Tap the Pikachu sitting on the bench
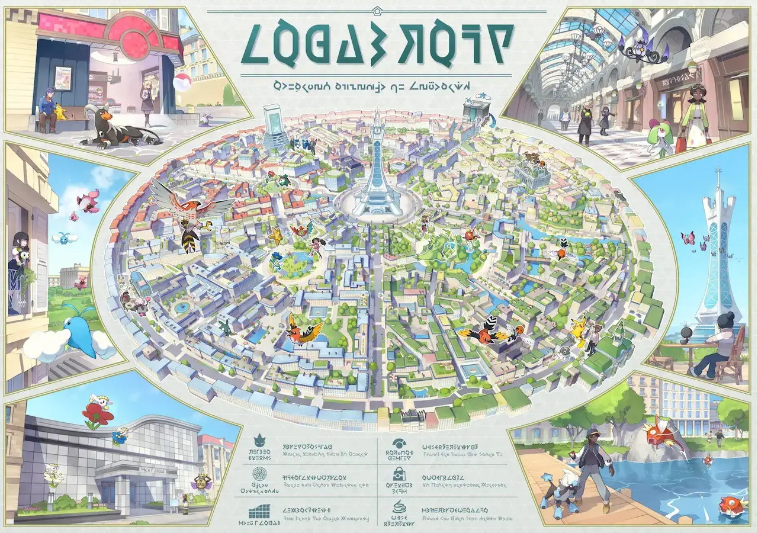pyautogui.click(x=61, y=112)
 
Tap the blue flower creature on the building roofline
pyautogui.click(x=120, y=436)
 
